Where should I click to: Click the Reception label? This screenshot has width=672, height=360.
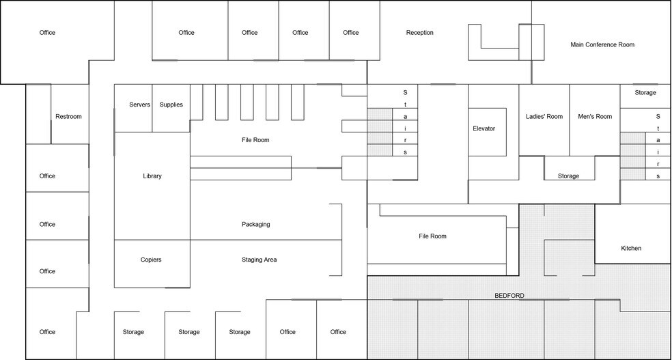419,33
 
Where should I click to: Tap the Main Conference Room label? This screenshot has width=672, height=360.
602,45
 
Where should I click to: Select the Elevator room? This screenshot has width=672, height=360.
484,128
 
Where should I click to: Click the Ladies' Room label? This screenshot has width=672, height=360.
544,117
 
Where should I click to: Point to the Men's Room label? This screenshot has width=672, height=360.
595,117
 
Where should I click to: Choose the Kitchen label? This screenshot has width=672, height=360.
631,249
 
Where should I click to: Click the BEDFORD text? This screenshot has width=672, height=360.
509,296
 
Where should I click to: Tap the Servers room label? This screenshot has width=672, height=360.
140,105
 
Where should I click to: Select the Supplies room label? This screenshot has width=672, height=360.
171,105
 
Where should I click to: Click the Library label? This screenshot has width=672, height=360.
152,176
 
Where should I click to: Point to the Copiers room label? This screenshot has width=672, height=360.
151,260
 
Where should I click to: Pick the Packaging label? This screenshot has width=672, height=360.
256,225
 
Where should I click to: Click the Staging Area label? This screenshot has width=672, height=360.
259,260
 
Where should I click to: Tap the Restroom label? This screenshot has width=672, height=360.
68,117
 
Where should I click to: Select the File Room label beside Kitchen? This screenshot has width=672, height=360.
432,236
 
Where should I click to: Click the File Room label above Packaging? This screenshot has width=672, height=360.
255,141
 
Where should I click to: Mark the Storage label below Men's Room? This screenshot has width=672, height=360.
568,176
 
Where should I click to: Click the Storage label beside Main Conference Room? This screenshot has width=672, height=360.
645,93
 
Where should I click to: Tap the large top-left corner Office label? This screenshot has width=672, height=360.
47,33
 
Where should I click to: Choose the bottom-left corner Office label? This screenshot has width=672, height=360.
47,332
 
